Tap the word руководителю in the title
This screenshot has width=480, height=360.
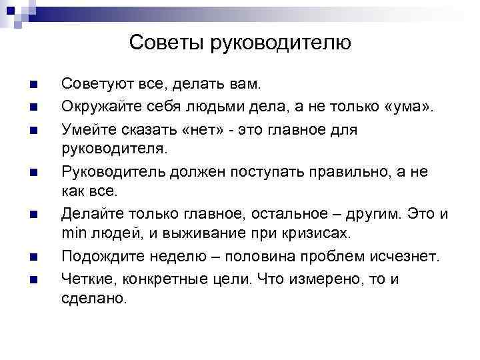click(x=280, y=43)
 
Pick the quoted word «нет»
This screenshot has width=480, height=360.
click(x=212, y=129)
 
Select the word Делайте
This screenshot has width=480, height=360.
click(x=89, y=215)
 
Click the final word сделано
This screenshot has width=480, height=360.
click(x=93, y=299)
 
